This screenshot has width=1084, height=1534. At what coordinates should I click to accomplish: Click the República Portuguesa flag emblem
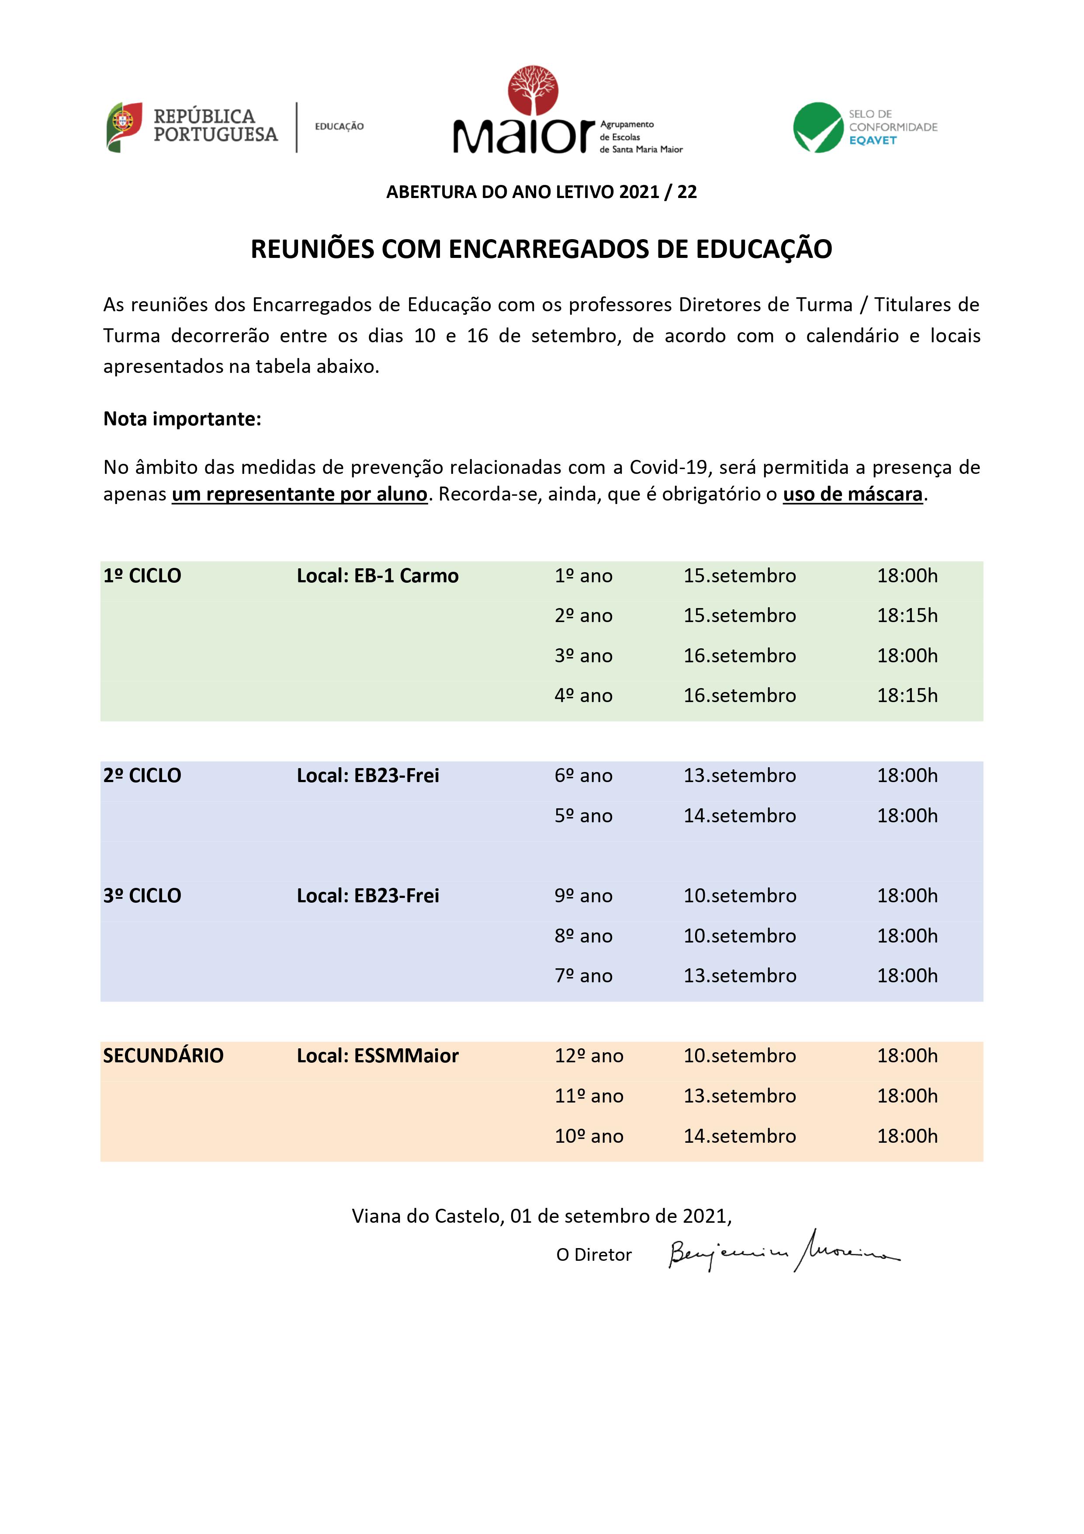124,127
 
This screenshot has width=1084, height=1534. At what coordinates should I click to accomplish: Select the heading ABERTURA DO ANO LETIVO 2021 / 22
542,192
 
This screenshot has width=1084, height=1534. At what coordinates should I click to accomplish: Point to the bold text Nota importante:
182,419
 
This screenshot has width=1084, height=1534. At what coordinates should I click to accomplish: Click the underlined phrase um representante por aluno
299,494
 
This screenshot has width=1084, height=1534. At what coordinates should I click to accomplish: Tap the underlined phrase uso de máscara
852,494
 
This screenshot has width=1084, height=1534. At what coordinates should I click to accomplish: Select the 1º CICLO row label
142,576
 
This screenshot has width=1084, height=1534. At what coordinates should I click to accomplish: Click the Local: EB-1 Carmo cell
377,576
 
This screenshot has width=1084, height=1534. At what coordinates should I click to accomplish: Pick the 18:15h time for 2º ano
907,616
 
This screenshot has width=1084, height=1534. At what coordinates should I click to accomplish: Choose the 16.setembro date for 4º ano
739,696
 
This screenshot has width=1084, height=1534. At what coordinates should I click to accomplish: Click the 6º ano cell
583,776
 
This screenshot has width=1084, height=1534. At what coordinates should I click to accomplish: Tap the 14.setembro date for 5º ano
739,816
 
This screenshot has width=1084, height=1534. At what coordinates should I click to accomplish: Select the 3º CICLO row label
142,896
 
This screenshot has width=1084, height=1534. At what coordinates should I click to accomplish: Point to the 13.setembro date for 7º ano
739,976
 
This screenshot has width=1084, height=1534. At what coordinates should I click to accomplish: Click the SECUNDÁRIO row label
163,1056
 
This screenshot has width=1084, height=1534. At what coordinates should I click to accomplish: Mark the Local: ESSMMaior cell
377,1056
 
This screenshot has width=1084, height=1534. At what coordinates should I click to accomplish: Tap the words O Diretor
594,1255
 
